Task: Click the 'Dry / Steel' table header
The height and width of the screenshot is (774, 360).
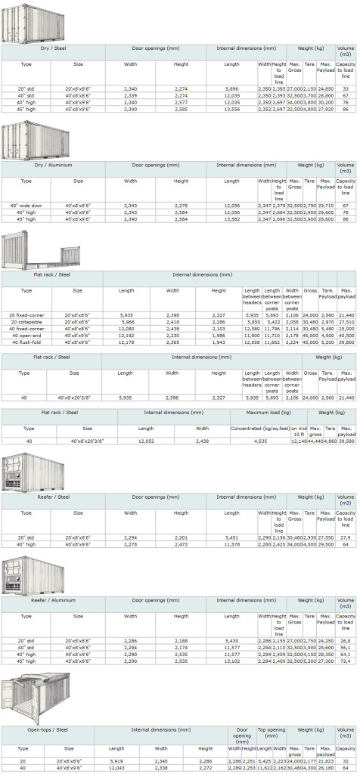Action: (x=52, y=48)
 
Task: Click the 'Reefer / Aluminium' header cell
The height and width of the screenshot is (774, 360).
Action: (x=52, y=604)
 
